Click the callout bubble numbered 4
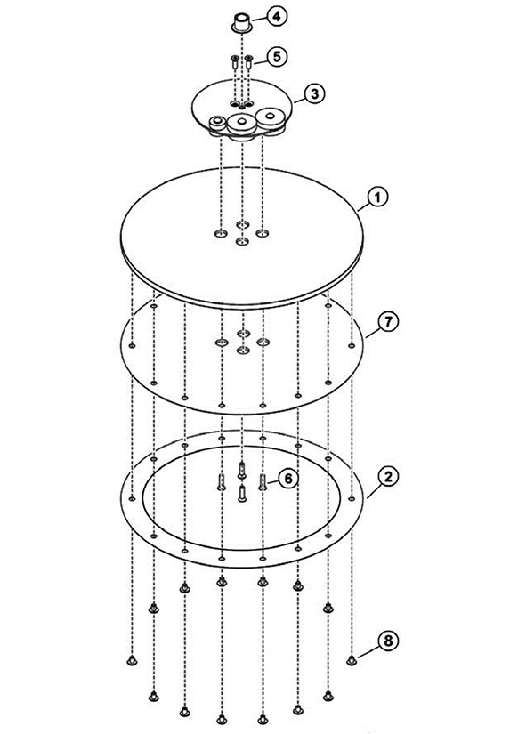tap(277, 16)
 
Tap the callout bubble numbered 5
tap(277, 57)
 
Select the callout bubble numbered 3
tap(315, 93)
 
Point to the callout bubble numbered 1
tap(378, 198)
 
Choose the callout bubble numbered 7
tap(388, 322)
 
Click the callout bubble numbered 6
tap(288, 479)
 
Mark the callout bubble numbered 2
tap(388, 477)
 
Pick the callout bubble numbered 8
tap(388, 640)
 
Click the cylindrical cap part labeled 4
tap(242, 23)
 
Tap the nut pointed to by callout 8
tap(352, 660)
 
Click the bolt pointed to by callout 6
tap(263, 482)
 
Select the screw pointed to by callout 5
tap(248, 61)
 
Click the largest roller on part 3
tap(242, 123)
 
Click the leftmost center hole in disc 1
tap(221, 232)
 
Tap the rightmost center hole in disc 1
tap(263, 232)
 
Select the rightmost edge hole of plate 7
tap(352, 346)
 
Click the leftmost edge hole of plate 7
tap(132, 346)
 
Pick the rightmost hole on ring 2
tap(352, 499)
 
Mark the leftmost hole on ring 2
tap(132, 498)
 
